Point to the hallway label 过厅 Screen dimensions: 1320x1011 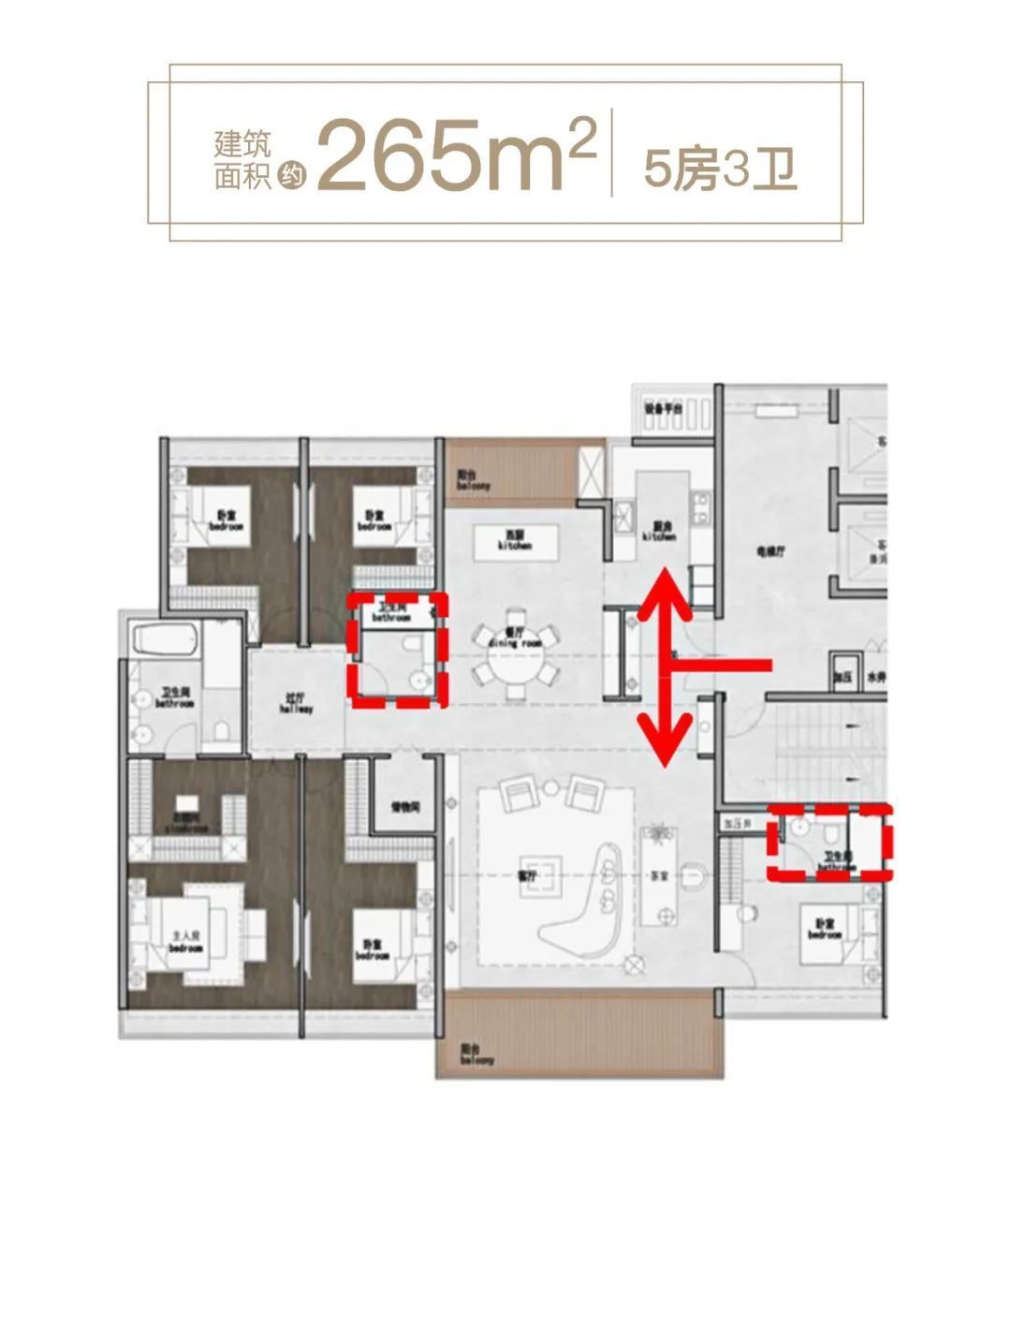295,703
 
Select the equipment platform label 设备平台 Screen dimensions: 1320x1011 660,409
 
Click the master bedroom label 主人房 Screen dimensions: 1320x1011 185,941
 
